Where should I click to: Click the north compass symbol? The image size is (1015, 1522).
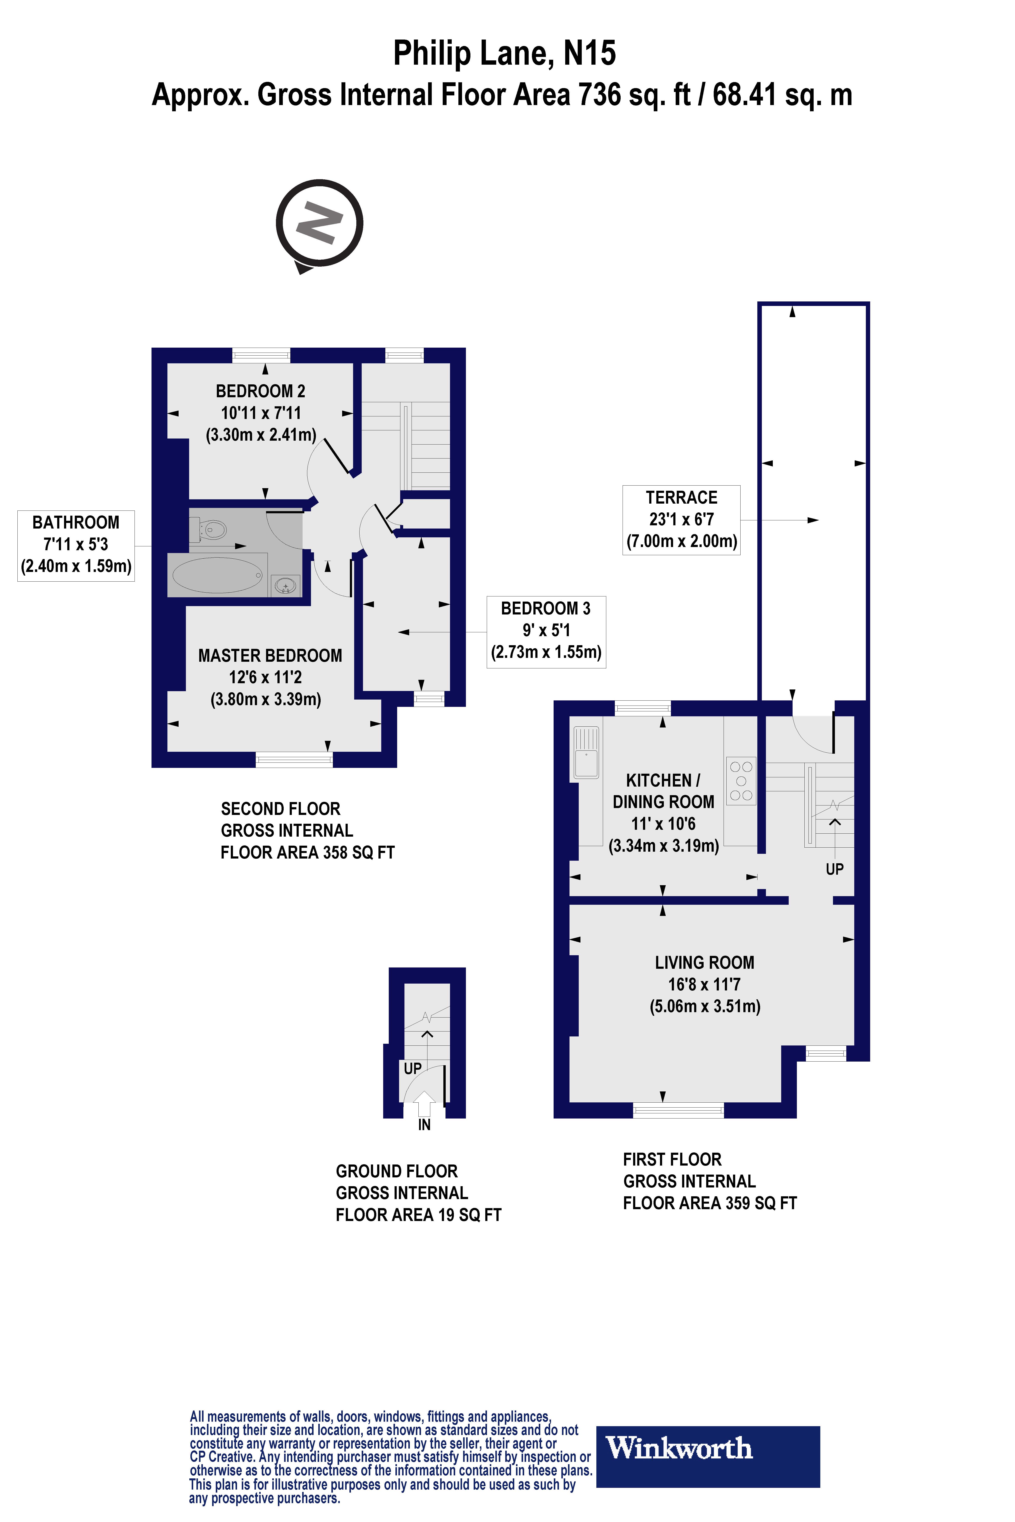click(x=319, y=223)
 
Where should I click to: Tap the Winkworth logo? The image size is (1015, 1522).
click(x=707, y=1448)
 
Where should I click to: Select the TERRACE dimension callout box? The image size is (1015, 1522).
click(x=681, y=520)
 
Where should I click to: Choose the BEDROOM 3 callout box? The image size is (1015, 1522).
click(x=546, y=631)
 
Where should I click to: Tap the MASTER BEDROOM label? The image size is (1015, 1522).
click(x=270, y=656)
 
